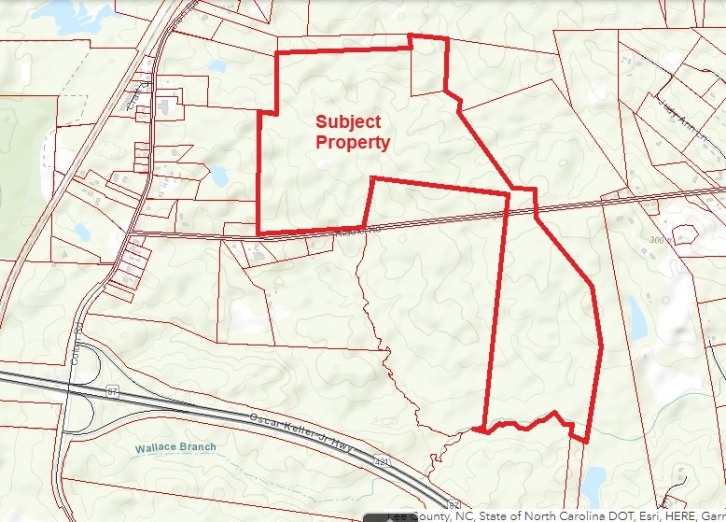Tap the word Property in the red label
(352, 143)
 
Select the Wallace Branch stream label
(175, 447)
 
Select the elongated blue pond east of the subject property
(637, 318)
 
